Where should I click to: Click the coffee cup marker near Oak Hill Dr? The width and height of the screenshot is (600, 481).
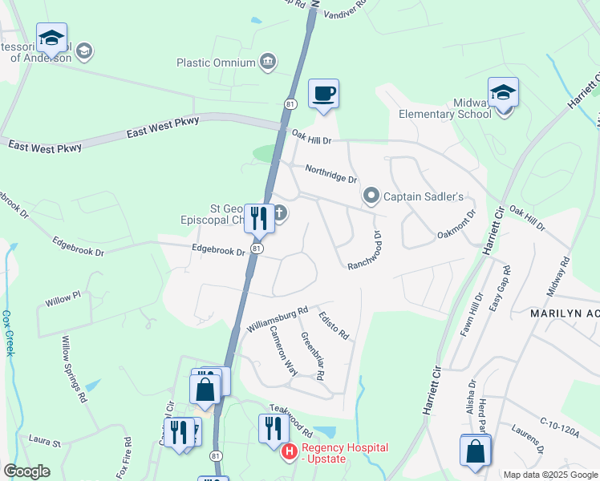(x=323, y=94)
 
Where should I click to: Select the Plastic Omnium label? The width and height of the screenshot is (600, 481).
(x=216, y=63)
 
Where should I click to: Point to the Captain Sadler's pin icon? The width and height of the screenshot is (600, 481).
(x=371, y=196)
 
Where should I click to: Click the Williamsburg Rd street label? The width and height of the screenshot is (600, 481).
(x=278, y=319)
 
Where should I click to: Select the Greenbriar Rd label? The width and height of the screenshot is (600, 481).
(x=313, y=355)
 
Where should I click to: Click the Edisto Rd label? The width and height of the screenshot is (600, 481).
(x=333, y=323)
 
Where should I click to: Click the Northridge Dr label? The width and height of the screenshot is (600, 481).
(x=330, y=174)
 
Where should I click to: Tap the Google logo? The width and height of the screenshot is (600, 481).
(x=27, y=471)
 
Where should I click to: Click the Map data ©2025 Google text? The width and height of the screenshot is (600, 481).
(x=550, y=475)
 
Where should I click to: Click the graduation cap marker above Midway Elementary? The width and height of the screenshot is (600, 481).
(x=503, y=92)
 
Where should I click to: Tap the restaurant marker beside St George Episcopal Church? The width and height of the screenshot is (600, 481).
(x=258, y=217)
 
